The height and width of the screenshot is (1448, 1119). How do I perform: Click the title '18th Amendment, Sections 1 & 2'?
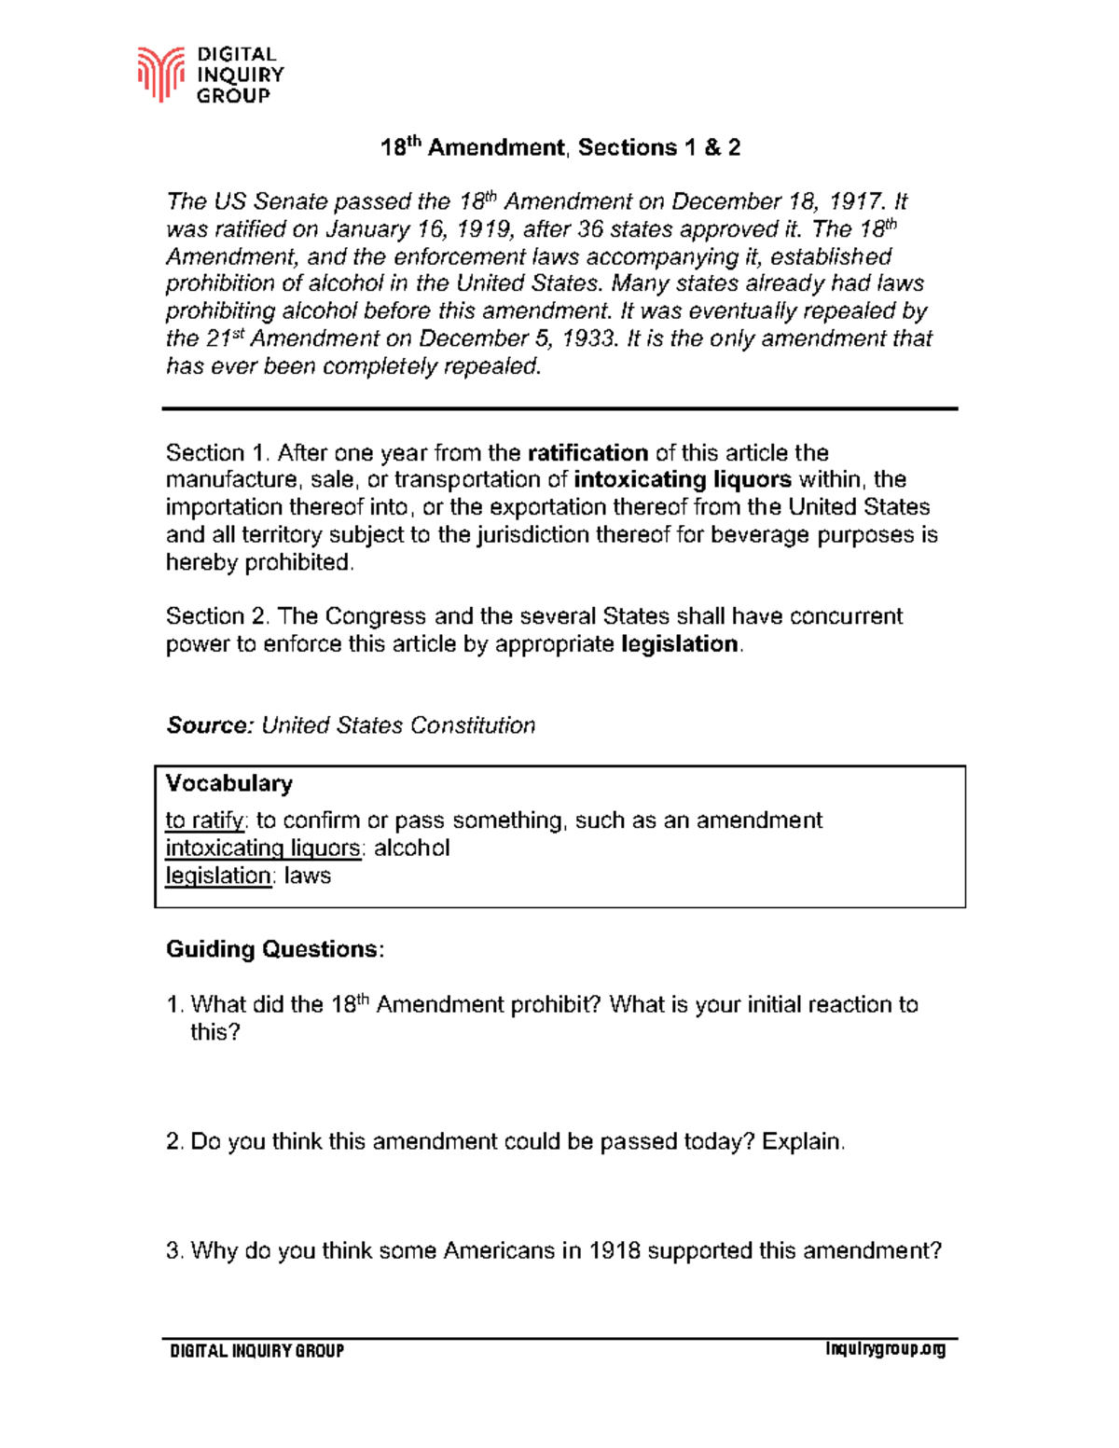click(x=559, y=147)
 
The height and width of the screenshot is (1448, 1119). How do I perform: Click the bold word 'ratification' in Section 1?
click(x=587, y=453)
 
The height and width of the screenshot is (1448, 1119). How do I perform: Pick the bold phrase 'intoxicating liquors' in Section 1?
click(x=683, y=480)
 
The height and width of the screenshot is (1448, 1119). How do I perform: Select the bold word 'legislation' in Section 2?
click(x=680, y=644)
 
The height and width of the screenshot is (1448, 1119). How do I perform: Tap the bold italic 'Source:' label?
click(x=210, y=725)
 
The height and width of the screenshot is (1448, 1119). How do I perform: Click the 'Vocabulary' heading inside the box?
click(x=228, y=783)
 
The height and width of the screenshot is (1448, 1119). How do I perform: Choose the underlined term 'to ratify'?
click(x=205, y=821)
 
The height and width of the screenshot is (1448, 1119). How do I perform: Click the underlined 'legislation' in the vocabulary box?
click(x=218, y=876)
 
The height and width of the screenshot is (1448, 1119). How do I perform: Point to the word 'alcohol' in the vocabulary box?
click(x=411, y=848)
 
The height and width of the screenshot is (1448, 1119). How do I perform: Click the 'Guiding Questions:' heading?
click(x=274, y=949)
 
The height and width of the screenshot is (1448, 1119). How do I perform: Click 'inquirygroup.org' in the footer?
click(x=885, y=1349)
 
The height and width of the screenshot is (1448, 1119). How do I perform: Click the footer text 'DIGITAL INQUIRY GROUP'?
click(x=256, y=1350)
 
